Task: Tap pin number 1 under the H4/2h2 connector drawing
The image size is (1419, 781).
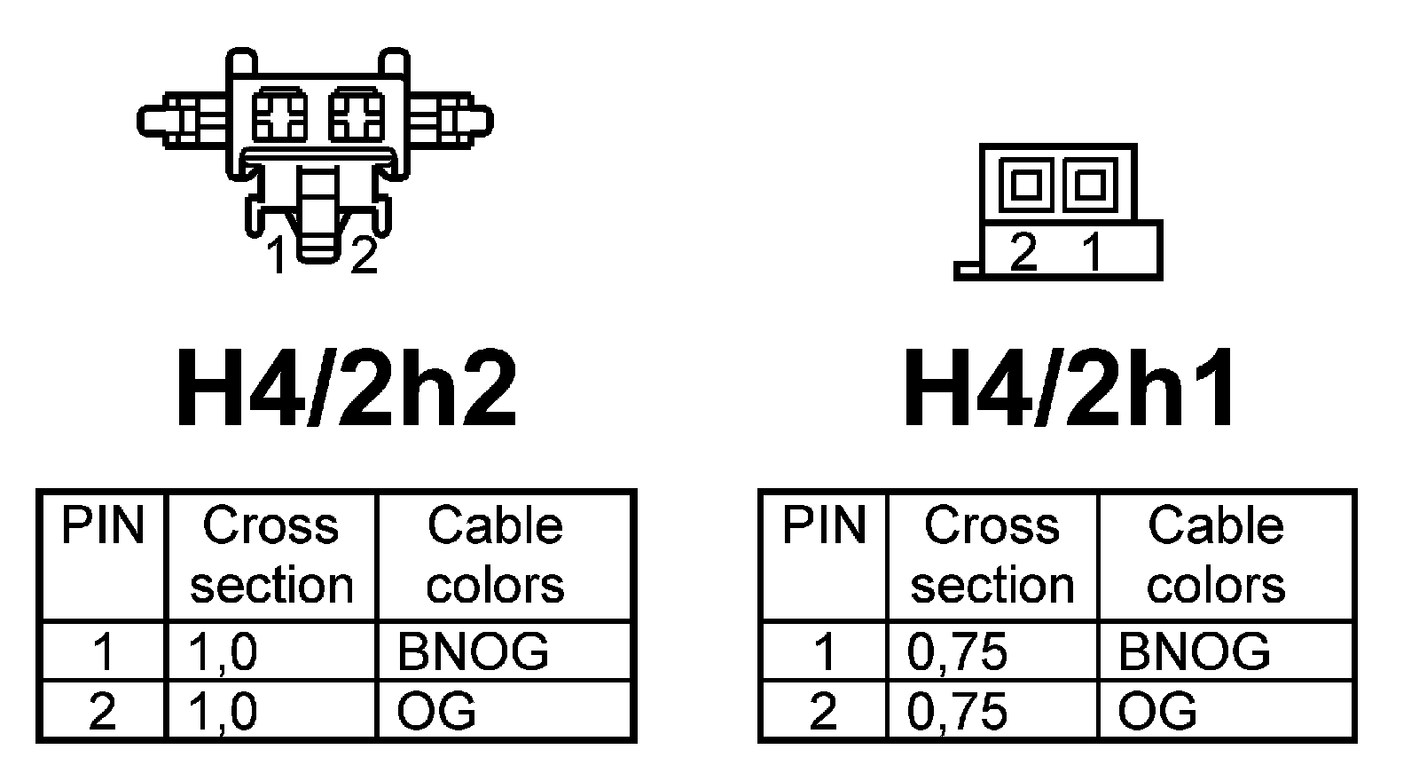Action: tap(278, 256)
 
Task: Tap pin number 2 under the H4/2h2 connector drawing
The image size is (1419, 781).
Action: tap(364, 256)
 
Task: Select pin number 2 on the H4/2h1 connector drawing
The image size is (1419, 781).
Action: tap(1023, 253)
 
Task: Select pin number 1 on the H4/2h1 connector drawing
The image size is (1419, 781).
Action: tap(1093, 253)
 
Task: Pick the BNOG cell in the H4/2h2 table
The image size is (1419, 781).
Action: tap(473, 651)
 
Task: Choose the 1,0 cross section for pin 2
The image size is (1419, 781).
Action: tap(223, 712)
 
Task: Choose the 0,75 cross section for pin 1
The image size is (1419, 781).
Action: tap(957, 651)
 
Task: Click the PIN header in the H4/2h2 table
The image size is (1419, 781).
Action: tap(102, 525)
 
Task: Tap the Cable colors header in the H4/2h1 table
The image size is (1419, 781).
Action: tap(1216, 556)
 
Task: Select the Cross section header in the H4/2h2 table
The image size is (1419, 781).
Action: tap(271, 556)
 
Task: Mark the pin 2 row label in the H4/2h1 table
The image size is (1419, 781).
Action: tap(823, 712)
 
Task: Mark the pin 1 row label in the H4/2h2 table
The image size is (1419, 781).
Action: tap(103, 651)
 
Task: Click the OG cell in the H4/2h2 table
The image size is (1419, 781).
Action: tap(436, 712)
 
